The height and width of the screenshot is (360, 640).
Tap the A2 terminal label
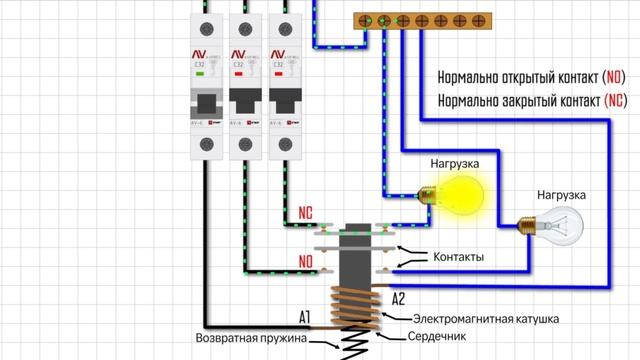click(x=397, y=298)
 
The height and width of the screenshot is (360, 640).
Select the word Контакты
click(x=458, y=258)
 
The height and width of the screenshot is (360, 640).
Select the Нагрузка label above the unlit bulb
click(x=561, y=194)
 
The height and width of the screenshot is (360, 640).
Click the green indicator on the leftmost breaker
click(x=202, y=73)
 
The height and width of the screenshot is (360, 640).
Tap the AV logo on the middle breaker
click(x=240, y=55)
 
